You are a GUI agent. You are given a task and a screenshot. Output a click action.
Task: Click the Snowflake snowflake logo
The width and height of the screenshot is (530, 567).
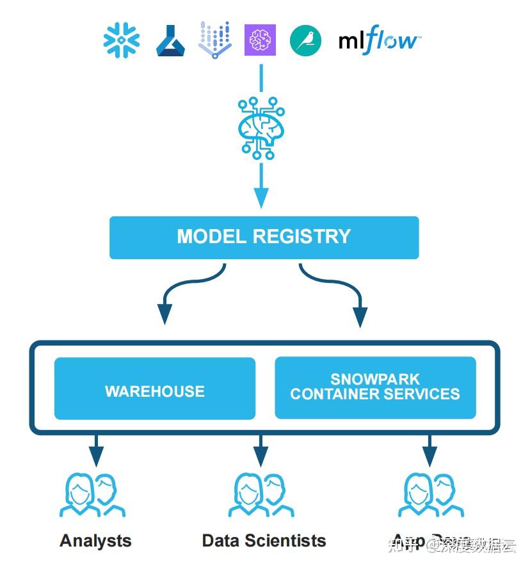point(122,40)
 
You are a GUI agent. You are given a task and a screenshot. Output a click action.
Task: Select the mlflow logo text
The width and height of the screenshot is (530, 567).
point(379,42)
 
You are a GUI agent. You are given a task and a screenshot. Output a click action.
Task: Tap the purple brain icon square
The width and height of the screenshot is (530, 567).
point(260,40)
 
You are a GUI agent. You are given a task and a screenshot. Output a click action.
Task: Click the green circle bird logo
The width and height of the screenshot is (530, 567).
point(305,40)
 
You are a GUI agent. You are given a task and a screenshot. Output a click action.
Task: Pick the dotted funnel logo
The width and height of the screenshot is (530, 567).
point(214,40)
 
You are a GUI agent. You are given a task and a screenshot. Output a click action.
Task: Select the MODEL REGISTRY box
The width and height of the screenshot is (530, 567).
point(264,237)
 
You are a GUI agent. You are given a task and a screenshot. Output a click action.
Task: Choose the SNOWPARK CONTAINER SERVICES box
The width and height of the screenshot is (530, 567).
point(375,387)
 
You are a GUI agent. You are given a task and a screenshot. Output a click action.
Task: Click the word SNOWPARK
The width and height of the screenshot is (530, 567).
point(375,379)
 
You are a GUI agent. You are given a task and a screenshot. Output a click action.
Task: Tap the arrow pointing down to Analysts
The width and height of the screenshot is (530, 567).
point(96,452)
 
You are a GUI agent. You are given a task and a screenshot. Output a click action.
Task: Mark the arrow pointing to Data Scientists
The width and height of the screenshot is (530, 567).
point(261,452)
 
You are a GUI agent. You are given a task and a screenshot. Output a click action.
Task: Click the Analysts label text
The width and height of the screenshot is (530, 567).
point(96,541)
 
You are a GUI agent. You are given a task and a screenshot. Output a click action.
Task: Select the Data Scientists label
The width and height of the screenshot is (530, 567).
point(264,541)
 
